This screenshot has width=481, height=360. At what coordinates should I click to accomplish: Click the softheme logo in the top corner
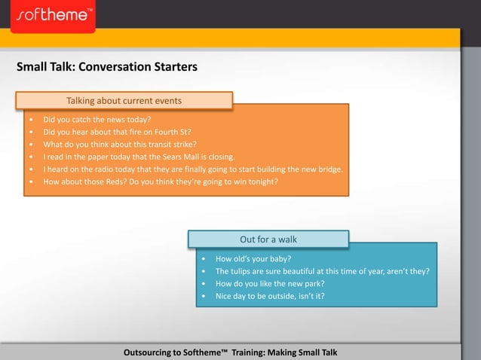pyautogui.click(x=53, y=14)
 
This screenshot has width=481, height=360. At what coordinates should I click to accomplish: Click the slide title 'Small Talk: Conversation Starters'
pyautogui.click(x=107, y=67)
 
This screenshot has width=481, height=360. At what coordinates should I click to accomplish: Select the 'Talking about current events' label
pyautogui.click(x=124, y=100)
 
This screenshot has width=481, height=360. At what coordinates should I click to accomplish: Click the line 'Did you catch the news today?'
pyautogui.click(x=97, y=119)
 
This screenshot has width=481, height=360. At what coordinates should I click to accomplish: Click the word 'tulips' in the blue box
pyautogui.click(x=244, y=271)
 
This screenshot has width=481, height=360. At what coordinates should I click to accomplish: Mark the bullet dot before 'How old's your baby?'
pyautogui.click(x=205, y=258)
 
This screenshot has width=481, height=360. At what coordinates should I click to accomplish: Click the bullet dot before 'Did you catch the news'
pyautogui.click(x=31, y=119)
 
